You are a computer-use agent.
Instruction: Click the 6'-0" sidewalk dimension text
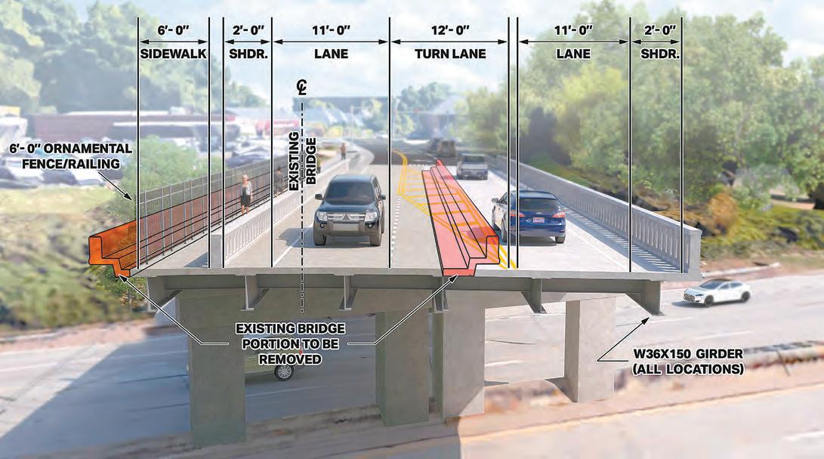pos(173,30)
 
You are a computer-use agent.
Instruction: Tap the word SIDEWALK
pos(173,54)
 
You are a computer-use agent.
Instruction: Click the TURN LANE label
pos(450,54)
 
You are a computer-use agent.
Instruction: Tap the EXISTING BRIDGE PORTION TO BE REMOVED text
pos(290,343)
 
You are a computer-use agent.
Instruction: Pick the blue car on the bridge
pos(530,215)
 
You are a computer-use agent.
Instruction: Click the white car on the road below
pos(717,291)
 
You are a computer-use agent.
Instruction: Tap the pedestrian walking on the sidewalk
pos(245,193)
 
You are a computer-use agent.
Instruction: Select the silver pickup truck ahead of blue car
pos(473,165)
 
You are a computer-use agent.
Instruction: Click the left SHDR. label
pos(247,54)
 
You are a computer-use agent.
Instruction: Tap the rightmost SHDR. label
pos(659,54)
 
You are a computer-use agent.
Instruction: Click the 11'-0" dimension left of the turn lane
pos(331,30)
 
